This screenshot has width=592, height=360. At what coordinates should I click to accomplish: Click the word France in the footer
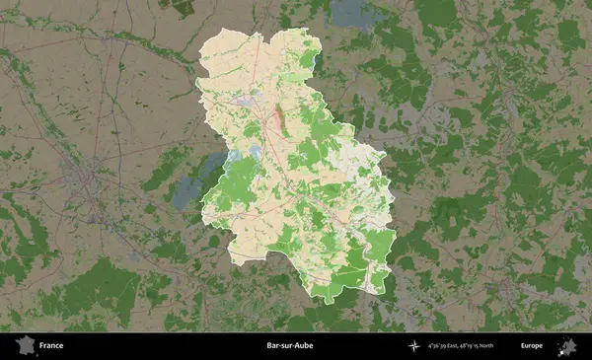click(51, 346)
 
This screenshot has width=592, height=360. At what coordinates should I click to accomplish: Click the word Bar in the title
click(271, 346)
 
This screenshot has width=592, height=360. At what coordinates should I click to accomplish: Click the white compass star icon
click(414, 346)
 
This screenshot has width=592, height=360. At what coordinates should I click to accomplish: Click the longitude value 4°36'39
click(438, 346)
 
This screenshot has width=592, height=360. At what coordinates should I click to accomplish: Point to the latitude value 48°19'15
click(478, 346)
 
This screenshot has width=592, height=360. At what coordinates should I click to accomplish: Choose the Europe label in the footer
click(532, 346)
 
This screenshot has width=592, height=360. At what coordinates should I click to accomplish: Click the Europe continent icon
click(567, 345)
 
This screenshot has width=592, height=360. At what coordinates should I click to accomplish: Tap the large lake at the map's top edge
click(350, 12)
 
